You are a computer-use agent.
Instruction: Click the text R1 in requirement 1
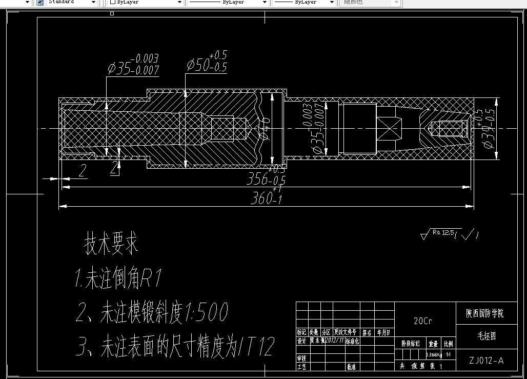pos(152,280)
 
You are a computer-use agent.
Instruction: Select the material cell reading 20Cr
pos(423,321)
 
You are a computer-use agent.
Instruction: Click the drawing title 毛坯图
pos(486,337)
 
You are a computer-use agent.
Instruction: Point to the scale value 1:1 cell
pos(448,354)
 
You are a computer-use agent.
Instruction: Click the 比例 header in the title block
pos(448,343)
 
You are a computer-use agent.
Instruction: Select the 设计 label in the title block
pos(301,341)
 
